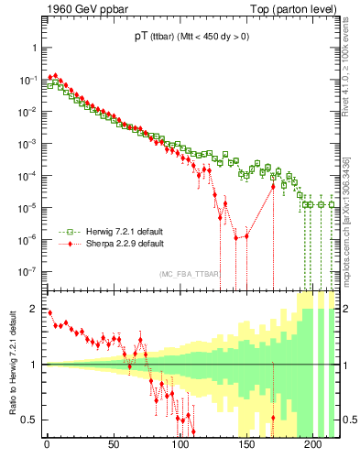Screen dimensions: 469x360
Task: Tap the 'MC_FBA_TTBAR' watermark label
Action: click(x=190, y=274)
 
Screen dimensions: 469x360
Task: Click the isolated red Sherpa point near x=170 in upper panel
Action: click(x=273, y=187)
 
